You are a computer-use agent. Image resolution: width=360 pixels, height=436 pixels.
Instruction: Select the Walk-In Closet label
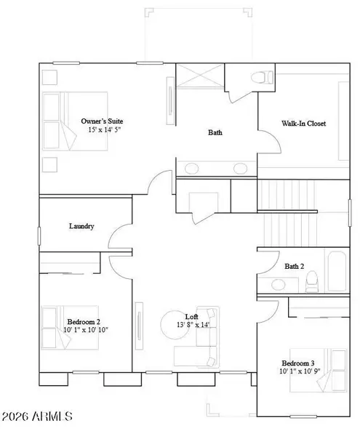click(304, 124)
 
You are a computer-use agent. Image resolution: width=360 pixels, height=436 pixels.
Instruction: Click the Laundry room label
click(81, 226)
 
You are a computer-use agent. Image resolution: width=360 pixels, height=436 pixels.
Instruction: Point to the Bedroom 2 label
click(84, 321)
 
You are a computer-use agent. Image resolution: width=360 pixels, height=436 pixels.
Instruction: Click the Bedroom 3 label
click(299, 363)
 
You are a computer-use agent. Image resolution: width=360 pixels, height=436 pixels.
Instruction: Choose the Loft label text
click(191, 317)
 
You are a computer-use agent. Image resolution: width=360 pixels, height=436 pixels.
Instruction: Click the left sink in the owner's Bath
click(191, 169)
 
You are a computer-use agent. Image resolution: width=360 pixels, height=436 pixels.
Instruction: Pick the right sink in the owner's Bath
click(239, 169)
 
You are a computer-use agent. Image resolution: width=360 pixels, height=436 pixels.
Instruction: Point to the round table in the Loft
click(175, 323)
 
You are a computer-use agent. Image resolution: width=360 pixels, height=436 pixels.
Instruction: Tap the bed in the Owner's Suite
click(75, 121)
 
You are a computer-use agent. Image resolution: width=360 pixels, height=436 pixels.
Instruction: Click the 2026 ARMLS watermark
click(38, 417)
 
